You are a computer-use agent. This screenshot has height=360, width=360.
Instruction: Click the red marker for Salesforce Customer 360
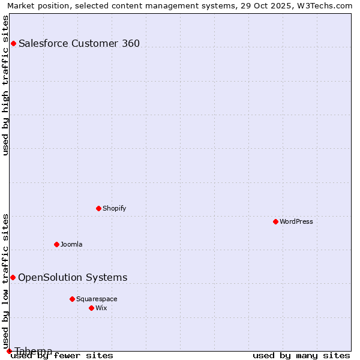(13, 43)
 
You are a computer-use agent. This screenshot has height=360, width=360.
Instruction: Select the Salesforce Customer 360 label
(79, 43)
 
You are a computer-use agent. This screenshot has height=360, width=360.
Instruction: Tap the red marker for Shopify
(98, 208)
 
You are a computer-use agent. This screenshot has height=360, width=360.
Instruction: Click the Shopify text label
(114, 208)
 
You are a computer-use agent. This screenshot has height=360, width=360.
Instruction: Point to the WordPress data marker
(275, 221)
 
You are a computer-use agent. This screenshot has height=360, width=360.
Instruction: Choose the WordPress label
(296, 221)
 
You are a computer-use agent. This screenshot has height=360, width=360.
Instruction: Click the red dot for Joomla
(56, 244)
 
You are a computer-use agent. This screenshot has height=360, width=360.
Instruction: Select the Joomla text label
(71, 244)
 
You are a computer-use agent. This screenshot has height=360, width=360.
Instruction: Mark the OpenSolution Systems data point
(13, 277)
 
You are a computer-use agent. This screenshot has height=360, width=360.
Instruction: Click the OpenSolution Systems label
(73, 277)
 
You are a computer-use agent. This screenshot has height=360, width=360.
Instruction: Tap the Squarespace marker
(72, 299)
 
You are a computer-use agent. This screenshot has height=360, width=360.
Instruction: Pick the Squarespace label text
(97, 299)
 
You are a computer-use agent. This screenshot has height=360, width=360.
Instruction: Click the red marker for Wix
(91, 308)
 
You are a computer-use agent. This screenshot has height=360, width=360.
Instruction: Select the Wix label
(101, 308)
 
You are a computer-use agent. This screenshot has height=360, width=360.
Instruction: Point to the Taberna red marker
(9, 351)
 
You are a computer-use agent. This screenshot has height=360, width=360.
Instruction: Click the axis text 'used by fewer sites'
(62, 356)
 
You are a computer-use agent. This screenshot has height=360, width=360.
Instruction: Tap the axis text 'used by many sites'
(301, 356)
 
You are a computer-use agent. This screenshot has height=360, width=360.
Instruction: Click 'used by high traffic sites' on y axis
(6, 85)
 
